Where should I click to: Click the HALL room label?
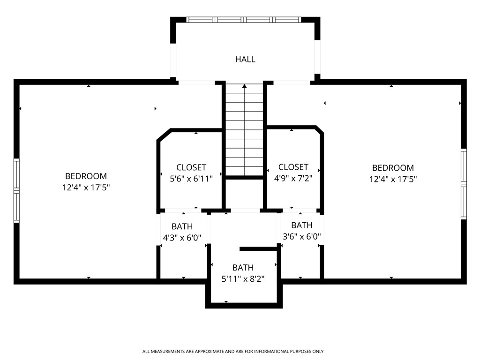click(245, 60)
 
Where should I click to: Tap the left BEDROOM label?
click(86, 176)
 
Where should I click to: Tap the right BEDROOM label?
click(393, 168)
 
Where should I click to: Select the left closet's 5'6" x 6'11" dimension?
click(191, 178)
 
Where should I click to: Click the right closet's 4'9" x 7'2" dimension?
click(293, 178)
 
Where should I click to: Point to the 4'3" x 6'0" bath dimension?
click(182, 238)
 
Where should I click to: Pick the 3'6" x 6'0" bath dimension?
click(302, 236)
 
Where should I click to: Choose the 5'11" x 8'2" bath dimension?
click(243, 279)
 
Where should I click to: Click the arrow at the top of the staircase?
click(244, 86)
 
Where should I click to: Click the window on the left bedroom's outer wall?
click(17, 190)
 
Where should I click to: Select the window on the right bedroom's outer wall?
click(464, 184)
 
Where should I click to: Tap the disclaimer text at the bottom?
click(233, 351)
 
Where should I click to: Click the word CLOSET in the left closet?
click(191, 167)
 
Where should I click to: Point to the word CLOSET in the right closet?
click(293, 167)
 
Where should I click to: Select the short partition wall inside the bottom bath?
click(259, 249)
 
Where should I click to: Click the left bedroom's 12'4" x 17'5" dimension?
click(86, 187)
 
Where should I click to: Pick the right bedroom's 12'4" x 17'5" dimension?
click(393, 179)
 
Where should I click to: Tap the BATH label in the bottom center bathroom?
click(243, 268)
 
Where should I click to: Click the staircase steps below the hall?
click(244, 131)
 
